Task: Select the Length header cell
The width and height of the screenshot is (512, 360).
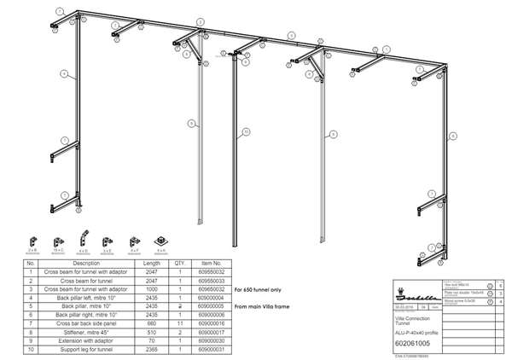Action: pos(152,263)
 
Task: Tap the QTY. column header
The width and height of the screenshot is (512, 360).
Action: pos(180,263)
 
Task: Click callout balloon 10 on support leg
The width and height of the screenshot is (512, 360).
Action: pos(246,132)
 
